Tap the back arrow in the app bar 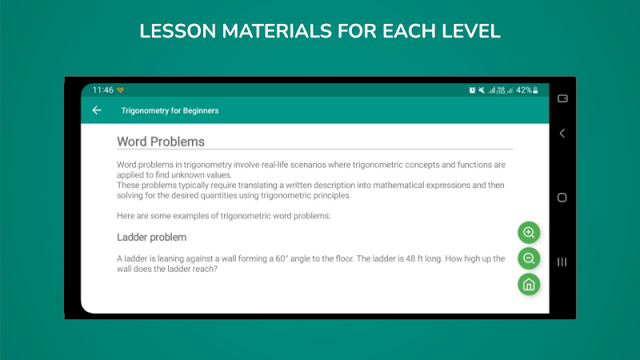pos(97,110)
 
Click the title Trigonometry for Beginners pos(170,110)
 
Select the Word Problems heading pos(161,142)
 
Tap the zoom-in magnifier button pos(529,233)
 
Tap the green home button pos(529,285)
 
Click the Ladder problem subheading pos(151,237)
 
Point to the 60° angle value pos(282,258)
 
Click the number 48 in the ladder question pos(410,258)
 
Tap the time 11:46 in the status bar pos(103,90)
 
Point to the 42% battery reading pos(524,90)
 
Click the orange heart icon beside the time pos(121,90)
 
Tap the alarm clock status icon pos(472,90)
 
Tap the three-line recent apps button pos(562,262)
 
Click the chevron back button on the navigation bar pos(562,133)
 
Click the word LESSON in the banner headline pos(178,31)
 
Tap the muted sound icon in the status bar pos(482,90)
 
